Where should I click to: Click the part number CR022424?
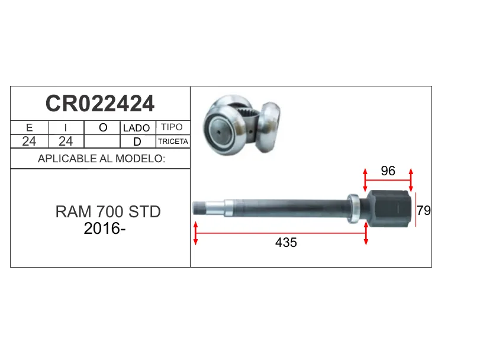click(100, 104)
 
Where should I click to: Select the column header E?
click(30, 127)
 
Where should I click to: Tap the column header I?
click(66, 127)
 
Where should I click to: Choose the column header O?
click(103, 127)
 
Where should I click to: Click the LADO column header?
click(137, 128)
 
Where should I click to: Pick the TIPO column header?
click(172, 127)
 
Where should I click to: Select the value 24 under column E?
click(29, 141)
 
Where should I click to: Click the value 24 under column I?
click(66, 141)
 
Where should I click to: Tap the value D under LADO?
click(137, 142)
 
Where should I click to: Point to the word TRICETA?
click(173, 142)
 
